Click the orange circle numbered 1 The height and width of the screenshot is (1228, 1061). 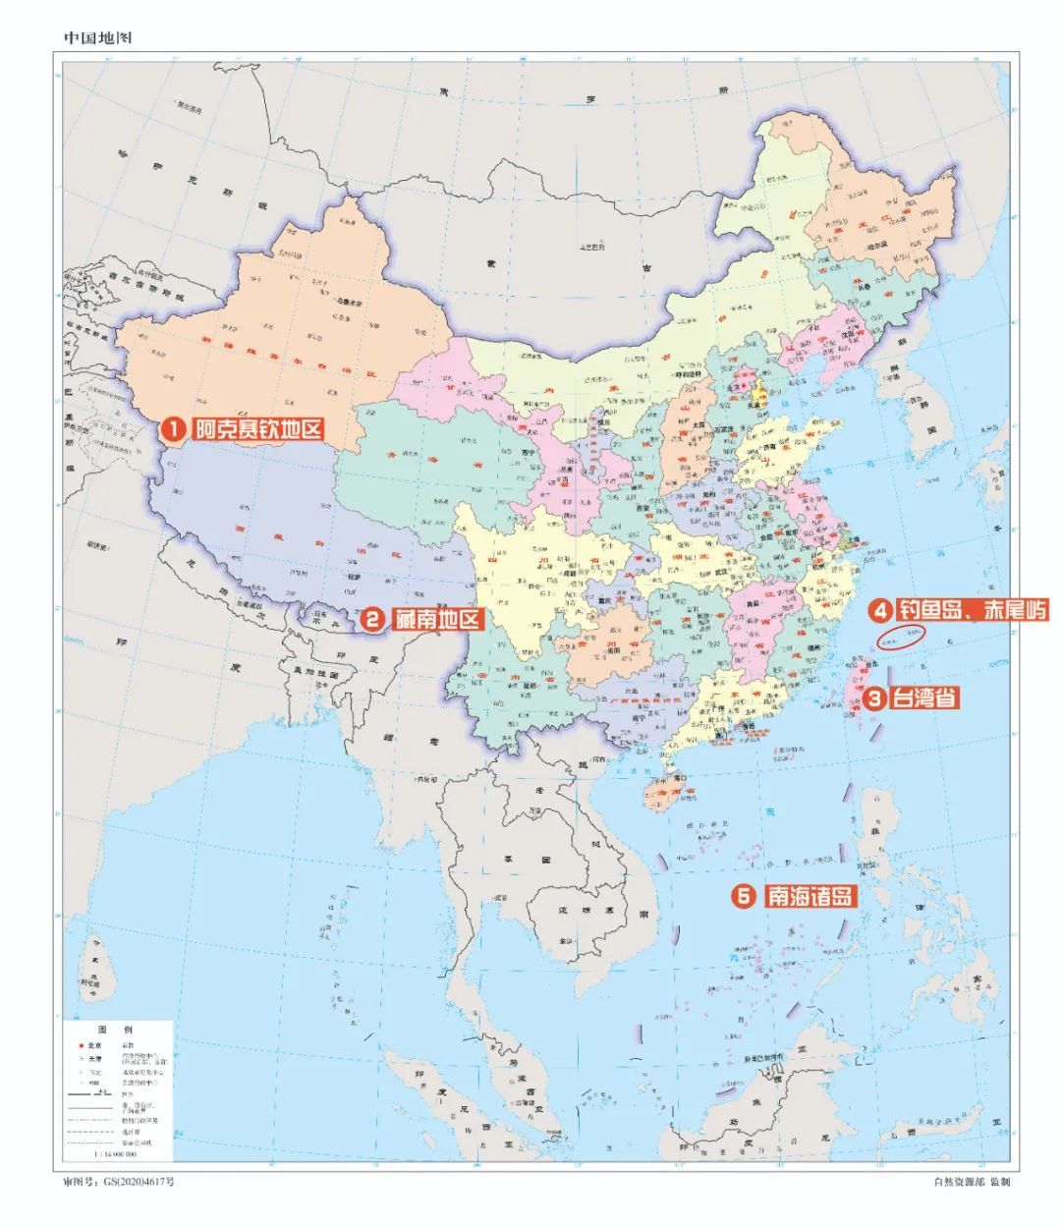(174, 429)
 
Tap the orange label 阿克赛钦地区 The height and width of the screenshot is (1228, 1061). (258, 429)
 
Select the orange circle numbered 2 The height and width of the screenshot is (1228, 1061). (373, 619)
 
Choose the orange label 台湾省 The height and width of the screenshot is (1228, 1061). (924, 698)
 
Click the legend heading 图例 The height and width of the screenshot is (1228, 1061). (115, 1029)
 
